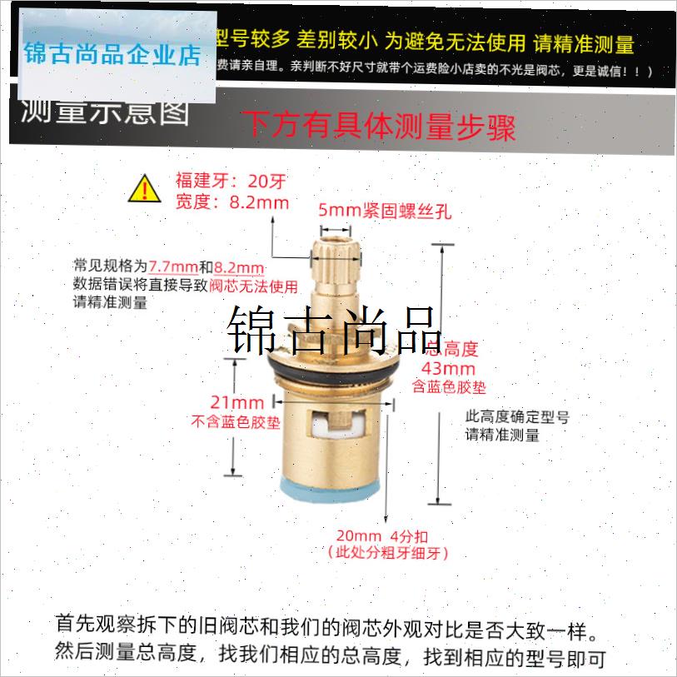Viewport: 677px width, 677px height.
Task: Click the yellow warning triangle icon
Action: pos(145,190)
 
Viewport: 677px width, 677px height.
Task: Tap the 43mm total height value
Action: pos(449,368)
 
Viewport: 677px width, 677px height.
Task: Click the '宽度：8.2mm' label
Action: pos(232,202)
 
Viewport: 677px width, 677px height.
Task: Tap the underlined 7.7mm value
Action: pos(173,267)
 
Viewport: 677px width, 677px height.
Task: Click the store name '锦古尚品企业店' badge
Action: pos(113,56)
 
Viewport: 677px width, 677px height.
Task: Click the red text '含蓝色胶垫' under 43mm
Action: pos(449,387)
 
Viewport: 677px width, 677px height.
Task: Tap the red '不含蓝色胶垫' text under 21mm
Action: pos(236,422)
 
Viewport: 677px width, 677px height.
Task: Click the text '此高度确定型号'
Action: pos(516,417)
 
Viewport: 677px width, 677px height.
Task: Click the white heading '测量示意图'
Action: pos(104,112)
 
